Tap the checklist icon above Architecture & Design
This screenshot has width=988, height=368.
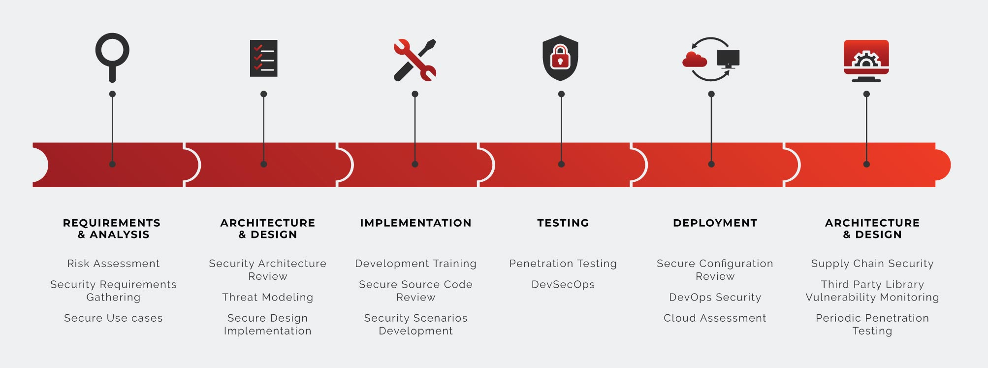264,58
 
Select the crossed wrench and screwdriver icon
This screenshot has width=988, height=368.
415,60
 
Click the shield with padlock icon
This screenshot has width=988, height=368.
560,58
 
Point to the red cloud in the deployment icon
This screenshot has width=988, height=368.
694,60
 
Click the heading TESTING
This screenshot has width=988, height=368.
563,223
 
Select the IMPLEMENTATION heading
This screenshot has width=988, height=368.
415,223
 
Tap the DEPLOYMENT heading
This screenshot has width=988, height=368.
715,223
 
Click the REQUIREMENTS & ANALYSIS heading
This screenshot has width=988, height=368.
112,229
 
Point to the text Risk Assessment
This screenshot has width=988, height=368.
113,264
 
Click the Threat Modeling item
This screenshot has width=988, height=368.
267,297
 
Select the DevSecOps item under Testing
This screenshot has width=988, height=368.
563,284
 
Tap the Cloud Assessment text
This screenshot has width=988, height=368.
715,318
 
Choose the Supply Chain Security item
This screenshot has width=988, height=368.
872,264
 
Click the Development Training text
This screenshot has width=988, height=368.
415,264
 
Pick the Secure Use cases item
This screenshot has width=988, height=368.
113,318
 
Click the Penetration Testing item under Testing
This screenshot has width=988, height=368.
563,264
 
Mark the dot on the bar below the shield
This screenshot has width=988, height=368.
561,164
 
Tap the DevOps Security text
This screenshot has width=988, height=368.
715,297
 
